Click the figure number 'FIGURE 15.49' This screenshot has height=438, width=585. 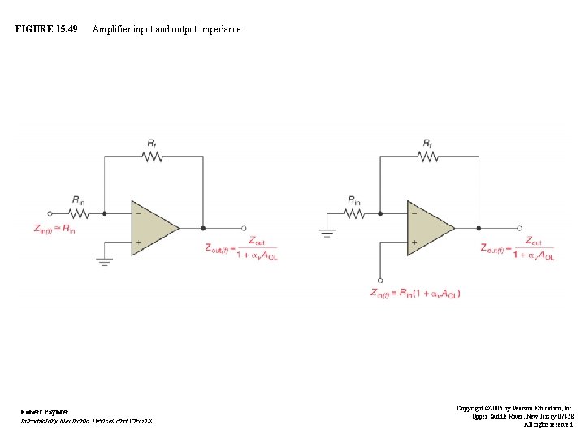point(46,29)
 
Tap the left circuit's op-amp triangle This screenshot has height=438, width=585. point(152,228)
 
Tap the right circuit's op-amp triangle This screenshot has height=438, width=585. point(428,228)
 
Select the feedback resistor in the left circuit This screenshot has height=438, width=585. point(153,159)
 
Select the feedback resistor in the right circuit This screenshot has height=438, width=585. point(428,159)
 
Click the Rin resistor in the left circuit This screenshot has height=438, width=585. point(79,215)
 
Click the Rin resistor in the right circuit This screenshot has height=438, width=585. point(355,215)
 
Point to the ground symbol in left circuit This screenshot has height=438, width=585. point(104,261)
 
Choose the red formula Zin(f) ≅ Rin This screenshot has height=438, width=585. point(54,230)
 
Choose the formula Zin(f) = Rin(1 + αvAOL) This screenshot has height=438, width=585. point(415,293)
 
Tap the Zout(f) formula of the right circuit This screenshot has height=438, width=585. point(517,248)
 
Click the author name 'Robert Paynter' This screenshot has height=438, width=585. point(45,412)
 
